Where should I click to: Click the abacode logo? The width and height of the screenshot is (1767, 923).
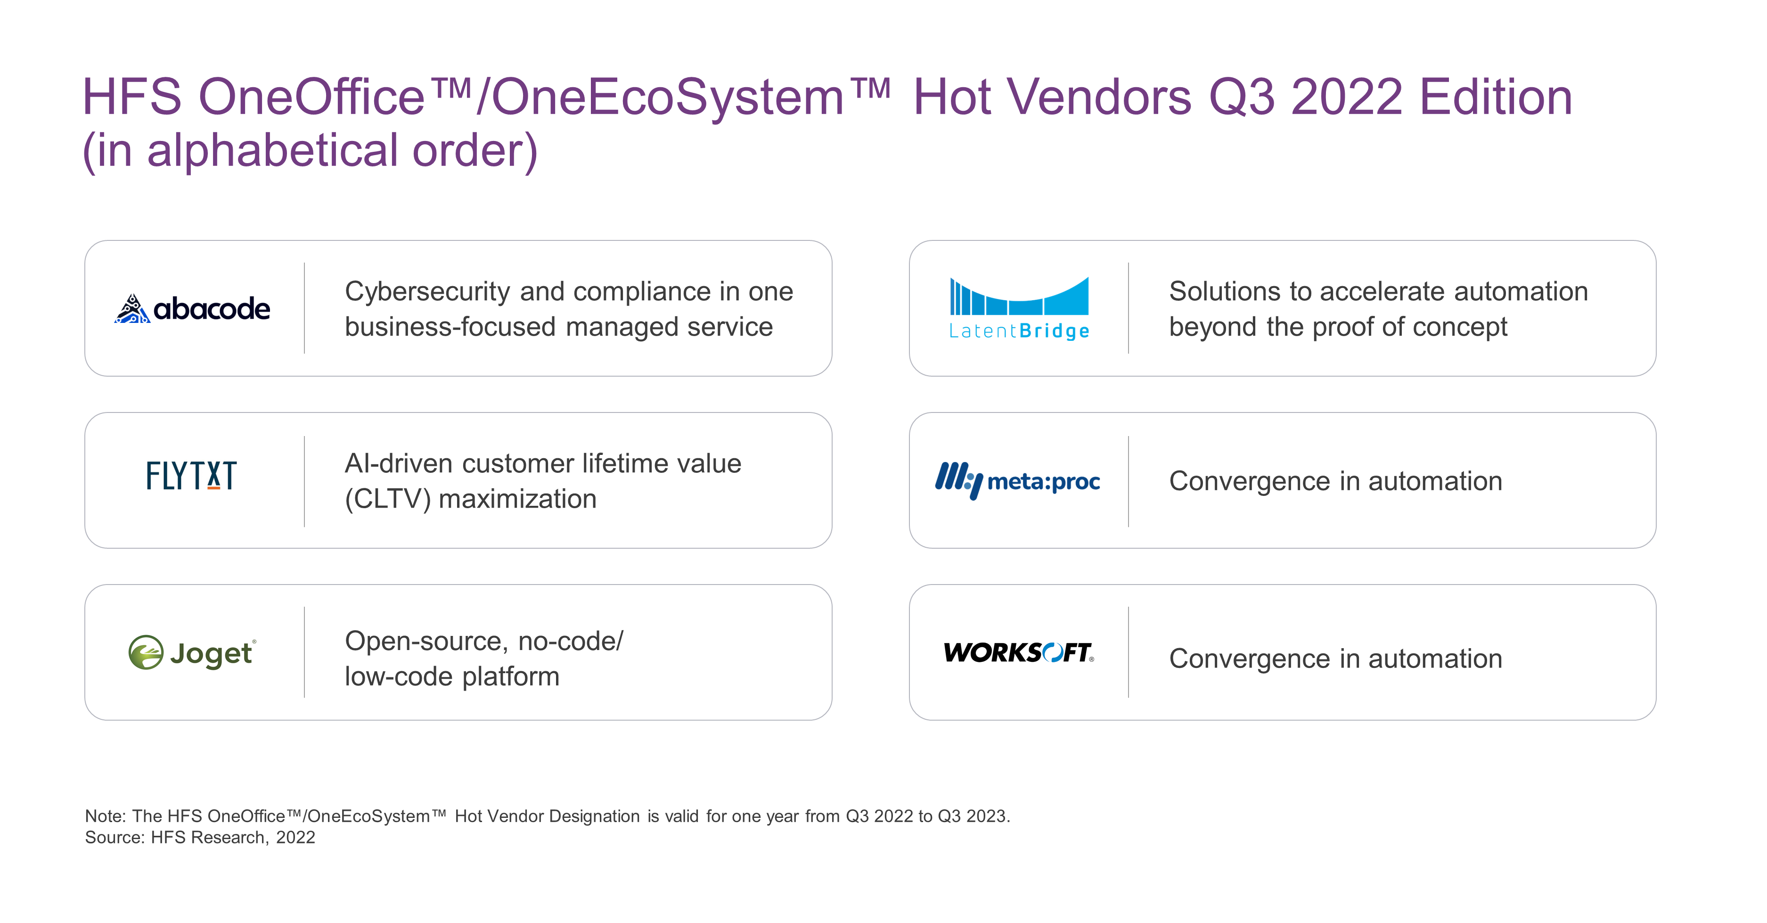coord(192,309)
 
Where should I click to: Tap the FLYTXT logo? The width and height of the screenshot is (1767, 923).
coord(191,476)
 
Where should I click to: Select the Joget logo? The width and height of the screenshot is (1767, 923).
coord(192,652)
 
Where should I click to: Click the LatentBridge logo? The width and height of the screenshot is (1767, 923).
coord(1019,308)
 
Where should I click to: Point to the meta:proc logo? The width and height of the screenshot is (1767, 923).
coord(1017,480)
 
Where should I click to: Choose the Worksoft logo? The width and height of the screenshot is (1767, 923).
coord(1019,652)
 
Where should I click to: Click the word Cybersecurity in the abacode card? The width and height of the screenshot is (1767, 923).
coord(427,292)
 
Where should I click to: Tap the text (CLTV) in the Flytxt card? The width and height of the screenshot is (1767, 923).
coord(387,499)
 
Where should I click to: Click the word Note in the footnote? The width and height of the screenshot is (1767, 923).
coord(104,816)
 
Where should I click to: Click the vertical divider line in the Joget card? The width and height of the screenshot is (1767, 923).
coord(304,652)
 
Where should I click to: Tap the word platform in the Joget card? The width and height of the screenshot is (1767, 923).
coord(511,676)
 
